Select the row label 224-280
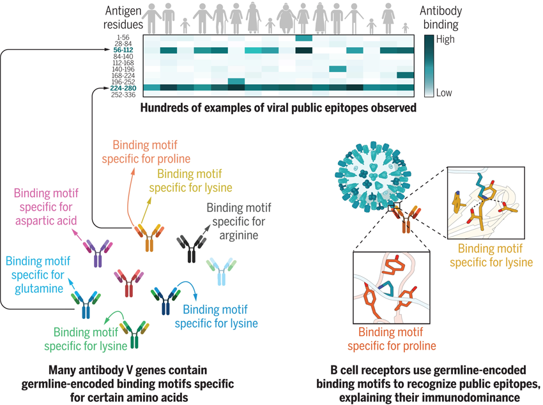tap(123, 89)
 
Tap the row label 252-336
tap(124, 95)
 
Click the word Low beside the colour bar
tap(443, 93)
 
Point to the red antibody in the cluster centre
tap(130, 283)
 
